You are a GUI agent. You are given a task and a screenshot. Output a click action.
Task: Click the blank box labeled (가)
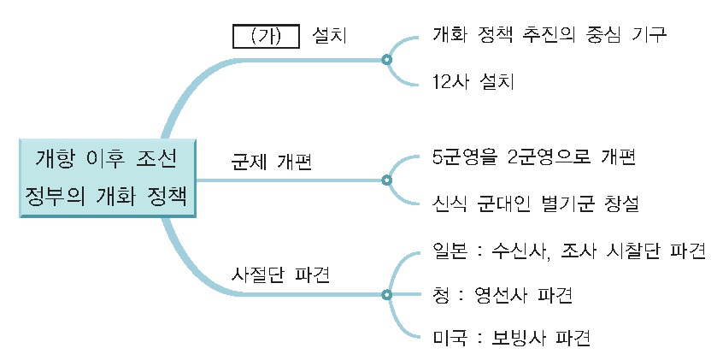266,37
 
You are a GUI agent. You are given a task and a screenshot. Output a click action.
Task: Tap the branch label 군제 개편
272,162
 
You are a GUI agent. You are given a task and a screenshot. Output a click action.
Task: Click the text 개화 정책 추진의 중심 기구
550,36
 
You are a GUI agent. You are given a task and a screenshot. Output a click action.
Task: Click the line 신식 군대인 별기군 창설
536,204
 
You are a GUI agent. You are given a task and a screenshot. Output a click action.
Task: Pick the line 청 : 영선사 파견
502,296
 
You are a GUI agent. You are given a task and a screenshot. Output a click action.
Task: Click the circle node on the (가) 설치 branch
386,60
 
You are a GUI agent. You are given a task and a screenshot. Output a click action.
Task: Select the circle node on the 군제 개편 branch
386,180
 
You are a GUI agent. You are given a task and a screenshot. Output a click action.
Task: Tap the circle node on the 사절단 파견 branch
386,294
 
